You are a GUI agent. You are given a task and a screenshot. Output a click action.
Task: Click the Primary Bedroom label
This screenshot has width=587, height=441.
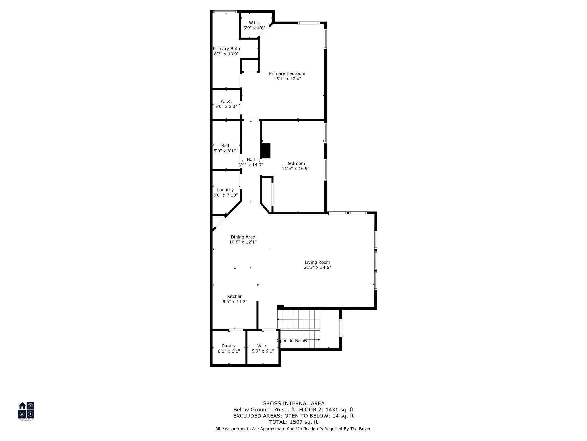pos(287,73)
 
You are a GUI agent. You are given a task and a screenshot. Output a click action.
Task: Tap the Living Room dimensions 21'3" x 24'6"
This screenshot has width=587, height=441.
pos(317,267)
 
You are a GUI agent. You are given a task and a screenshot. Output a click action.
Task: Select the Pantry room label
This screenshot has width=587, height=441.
pos(229,346)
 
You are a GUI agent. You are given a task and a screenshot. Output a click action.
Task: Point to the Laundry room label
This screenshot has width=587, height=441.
pos(225,190)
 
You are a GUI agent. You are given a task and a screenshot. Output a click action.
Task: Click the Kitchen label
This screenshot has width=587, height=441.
pos(235,297)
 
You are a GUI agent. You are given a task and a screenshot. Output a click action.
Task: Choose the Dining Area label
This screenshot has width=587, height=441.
pos(243,237)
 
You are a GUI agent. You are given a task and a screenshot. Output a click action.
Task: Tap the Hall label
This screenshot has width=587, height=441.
pos(251,160)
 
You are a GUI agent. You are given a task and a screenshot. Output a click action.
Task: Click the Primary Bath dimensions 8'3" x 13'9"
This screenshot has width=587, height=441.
pos(226,54)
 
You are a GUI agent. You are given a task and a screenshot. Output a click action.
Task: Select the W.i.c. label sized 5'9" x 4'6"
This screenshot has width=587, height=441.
pos(254,23)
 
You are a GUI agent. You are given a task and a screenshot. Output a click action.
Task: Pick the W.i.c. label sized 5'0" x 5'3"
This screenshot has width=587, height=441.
pos(226,101)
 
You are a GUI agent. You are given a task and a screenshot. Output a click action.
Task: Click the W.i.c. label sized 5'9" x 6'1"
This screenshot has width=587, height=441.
pos(263,346)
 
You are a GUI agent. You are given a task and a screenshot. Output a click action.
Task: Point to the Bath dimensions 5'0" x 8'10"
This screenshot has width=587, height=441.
pos(226,151)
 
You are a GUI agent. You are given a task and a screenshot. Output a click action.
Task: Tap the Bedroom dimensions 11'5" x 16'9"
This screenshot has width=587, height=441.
pos(296,169)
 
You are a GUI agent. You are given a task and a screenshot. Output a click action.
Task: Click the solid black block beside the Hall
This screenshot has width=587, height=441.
pos(265,151)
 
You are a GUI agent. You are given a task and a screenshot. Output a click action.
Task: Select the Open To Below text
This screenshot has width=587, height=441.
pos(292,341)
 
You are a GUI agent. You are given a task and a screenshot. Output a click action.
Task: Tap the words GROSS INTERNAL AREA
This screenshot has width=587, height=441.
pos(293,403)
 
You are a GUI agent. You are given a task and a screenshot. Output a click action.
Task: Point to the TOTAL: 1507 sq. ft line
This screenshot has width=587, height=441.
pos(293,422)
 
